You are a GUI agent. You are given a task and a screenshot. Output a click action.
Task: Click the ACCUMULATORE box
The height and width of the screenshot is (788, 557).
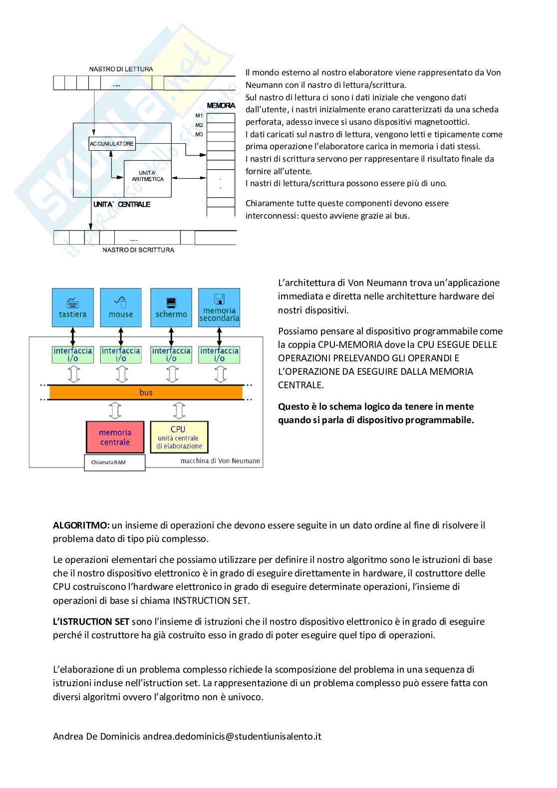112,144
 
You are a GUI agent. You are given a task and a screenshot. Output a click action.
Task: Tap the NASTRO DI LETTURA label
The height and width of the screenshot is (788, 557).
121,69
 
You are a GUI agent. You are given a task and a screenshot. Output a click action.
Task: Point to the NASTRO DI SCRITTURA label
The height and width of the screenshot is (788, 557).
138,250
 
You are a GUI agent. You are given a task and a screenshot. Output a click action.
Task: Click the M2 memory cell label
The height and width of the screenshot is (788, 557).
199,125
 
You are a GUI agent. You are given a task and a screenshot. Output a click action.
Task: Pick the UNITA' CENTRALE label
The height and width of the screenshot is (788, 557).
122,205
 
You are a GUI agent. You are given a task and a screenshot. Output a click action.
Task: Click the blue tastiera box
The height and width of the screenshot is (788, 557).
73,307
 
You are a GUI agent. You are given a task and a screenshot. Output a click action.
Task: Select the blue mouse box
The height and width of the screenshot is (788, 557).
121,307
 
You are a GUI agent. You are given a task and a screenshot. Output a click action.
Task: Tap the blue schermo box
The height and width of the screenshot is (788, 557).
171,307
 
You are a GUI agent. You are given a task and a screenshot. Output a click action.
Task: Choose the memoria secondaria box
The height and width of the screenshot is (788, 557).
219,307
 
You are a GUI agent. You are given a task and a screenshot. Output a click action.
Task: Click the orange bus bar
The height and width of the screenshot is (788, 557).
146,393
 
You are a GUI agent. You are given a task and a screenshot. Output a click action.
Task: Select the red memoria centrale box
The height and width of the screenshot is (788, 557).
115,437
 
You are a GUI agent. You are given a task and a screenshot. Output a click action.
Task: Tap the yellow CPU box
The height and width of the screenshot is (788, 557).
179,437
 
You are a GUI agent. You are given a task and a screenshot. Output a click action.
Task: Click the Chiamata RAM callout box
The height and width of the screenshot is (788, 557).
114,463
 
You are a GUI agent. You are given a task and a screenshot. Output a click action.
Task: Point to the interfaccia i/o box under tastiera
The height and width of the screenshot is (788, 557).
73,354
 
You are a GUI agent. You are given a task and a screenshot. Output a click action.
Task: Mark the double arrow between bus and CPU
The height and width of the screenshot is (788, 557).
179,410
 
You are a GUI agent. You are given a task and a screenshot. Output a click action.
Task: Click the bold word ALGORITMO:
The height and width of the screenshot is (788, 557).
81,525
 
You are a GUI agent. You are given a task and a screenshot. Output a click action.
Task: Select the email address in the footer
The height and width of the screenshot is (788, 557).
232,736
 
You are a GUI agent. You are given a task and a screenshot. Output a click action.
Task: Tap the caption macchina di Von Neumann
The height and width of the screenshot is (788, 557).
220,461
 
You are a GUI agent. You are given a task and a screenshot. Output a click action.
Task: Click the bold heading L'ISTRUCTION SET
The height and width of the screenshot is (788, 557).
91,621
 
